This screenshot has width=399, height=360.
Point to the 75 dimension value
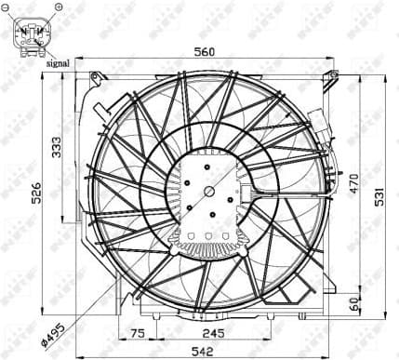point(138,331)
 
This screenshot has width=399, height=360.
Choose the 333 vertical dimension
point(58,147)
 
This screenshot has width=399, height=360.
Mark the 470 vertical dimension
point(353,185)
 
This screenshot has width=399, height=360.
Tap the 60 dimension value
point(353,303)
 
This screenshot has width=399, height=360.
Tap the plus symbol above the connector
point(57,7)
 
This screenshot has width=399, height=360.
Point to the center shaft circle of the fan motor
point(210,193)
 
